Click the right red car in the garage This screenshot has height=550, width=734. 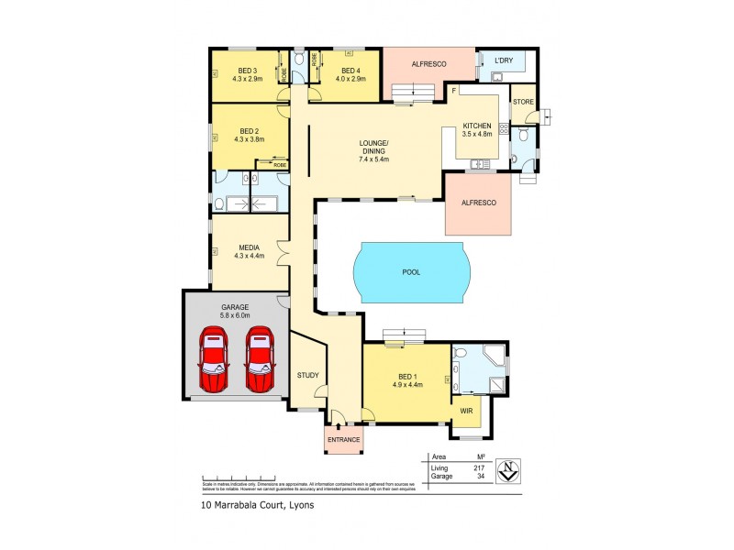260,361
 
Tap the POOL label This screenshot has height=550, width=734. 410,273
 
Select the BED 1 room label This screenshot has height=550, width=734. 408,377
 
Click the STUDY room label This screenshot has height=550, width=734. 307,375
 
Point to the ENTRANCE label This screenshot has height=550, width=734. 344,440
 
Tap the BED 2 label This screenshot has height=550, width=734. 249,130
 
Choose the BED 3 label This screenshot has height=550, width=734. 249,71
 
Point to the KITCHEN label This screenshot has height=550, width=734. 477,126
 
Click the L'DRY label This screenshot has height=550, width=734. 503,60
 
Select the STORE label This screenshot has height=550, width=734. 523,101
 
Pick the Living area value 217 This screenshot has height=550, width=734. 477,467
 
